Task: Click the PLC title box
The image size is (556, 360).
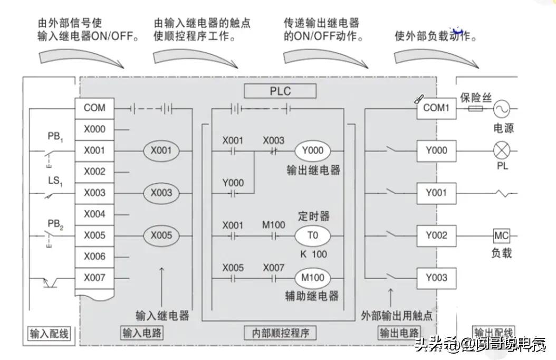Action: (280, 91)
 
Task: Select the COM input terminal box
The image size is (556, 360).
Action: (94, 108)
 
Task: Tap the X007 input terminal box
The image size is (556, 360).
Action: (94, 278)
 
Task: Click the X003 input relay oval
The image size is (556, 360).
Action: (161, 193)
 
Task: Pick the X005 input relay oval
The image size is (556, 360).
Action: (161, 235)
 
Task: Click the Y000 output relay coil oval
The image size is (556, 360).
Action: (313, 150)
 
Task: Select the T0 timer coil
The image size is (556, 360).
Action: (312, 235)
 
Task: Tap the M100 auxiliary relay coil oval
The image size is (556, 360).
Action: (313, 278)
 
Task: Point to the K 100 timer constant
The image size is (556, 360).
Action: (313, 254)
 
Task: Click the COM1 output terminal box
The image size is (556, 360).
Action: (436, 108)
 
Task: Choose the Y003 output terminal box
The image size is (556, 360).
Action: (436, 278)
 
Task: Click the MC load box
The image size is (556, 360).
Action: (501, 235)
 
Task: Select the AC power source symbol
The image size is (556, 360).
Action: (501, 109)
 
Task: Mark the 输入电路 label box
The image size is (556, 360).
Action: (142, 333)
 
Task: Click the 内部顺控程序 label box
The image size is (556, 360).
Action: (280, 333)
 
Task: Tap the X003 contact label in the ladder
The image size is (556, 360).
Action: (273, 140)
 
